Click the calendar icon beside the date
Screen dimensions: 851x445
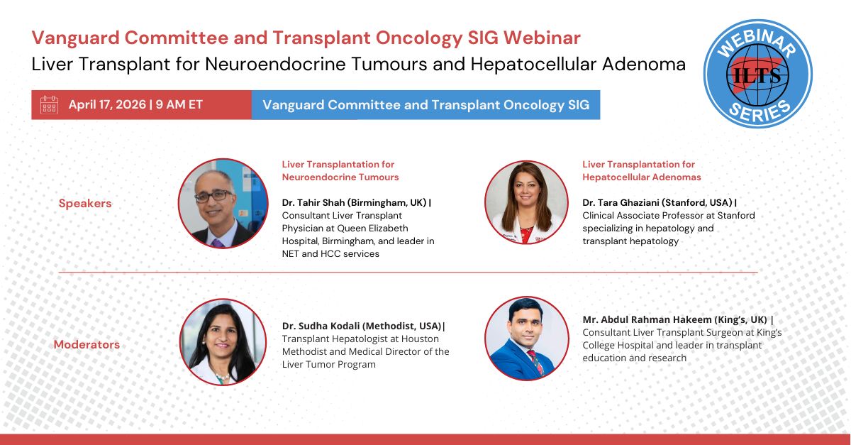[x=50, y=104]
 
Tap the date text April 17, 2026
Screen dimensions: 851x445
[x=108, y=104]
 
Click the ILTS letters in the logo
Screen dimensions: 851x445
[x=757, y=75]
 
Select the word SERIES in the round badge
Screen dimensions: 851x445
[x=759, y=111]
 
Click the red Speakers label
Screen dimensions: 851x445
[x=85, y=203]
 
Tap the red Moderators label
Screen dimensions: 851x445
[x=87, y=344]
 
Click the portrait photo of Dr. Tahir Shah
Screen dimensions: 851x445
[x=223, y=204]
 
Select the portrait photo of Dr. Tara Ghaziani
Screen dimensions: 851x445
[x=526, y=202]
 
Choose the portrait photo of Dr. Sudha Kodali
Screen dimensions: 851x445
[x=223, y=342]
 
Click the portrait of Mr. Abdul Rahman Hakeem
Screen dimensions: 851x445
[x=527, y=338]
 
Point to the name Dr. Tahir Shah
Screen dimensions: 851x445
[x=313, y=203]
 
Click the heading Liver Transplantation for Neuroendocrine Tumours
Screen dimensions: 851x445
[x=340, y=171]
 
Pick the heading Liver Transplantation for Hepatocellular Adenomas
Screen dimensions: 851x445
[x=642, y=171]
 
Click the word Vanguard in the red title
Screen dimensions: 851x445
[x=76, y=38]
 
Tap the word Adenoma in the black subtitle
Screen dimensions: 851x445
[x=644, y=64]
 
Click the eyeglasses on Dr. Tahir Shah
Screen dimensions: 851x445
[x=213, y=195]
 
